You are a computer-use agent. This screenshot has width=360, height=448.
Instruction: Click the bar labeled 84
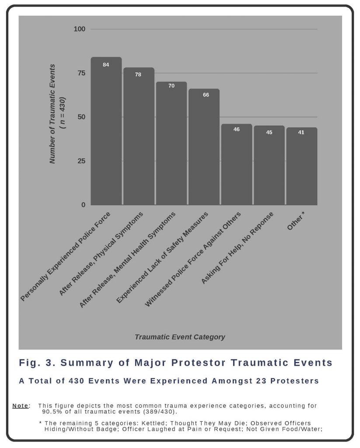[x=106, y=131]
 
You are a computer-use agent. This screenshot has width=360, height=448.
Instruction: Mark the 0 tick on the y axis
[x=83, y=205]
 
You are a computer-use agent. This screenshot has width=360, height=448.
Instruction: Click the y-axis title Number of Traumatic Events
[x=53, y=114]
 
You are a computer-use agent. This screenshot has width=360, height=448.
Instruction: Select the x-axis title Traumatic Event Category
[x=180, y=337]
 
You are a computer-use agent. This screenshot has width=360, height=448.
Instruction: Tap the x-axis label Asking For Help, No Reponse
[x=237, y=248]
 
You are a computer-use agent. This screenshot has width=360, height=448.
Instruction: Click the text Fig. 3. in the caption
[x=36, y=363]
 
